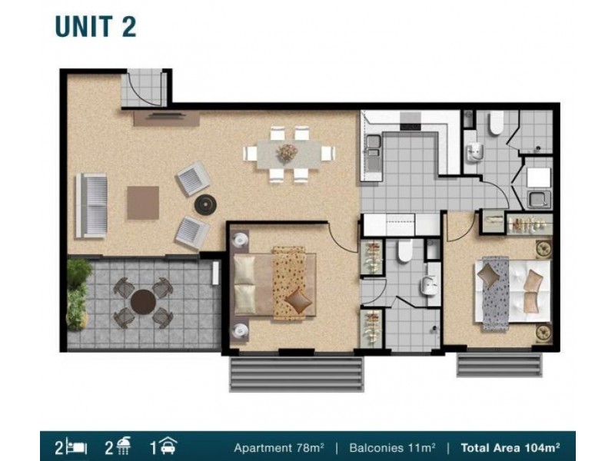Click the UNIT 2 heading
click(x=95, y=27)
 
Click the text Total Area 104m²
click(x=510, y=447)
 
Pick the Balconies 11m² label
click(x=392, y=447)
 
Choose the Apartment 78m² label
click(x=279, y=447)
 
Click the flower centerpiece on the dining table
click(x=287, y=152)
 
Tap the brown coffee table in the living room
click(x=143, y=203)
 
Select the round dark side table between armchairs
click(x=205, y=204)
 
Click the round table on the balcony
click(x=143, y=302)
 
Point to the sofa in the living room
click(x=91, y=206)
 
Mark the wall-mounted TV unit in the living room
click(x=166, y=118)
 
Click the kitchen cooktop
click(x=411, y=121)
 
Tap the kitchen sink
click(x=373, y=145)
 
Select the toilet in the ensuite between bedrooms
click(x=404, y=251)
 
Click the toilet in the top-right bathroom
click(x=496, y=123)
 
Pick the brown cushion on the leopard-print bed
click(x=298, y=300)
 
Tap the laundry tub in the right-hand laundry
click(x=539, y=200)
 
